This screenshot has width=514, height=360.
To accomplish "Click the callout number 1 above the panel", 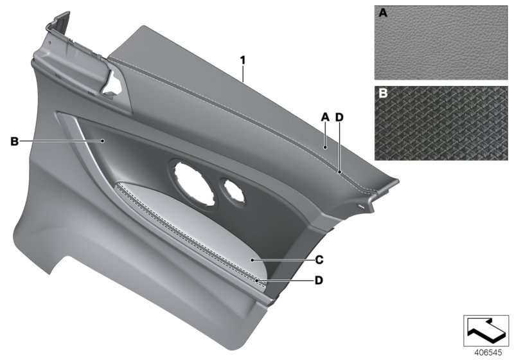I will [x=243, y=60].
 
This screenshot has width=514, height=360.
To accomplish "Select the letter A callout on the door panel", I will [x=325, y=116].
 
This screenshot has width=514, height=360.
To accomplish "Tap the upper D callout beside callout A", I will [x=340, y=116].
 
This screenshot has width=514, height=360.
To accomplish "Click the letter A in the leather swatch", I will [x=382, y=13].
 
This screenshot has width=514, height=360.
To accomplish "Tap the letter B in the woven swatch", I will [x=382, y=94].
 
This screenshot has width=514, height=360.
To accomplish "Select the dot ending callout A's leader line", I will [x=326, y=147].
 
